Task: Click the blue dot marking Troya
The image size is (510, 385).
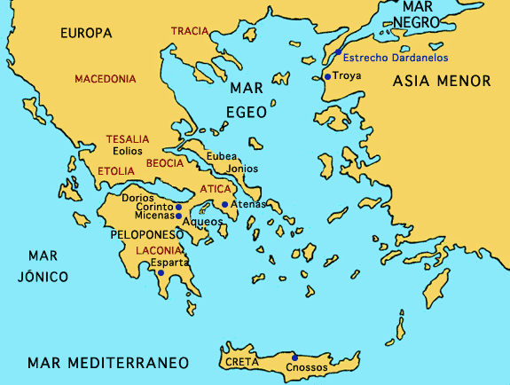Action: pyautogui.click(x=327, y=77)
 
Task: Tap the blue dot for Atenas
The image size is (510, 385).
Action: pyautogui.click(x=225, y=205)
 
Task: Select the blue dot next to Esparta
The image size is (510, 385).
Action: pyautogui.click(x=161, y=273)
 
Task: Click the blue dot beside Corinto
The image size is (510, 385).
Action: pyautogui.click(x=179, y=207)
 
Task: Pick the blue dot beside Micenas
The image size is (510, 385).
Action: pyautogui.click(x=179, y=216)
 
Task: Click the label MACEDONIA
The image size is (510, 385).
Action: pyautogui.click(x=106, y=79)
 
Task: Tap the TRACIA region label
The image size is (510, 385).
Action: pyautogui.click(x=189, y=31)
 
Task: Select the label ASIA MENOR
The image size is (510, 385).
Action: pyautogui.click(x=441, y=81)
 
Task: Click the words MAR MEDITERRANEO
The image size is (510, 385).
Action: pyautogui.click(x=108, y=363)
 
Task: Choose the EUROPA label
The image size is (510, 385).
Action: pyautogui.click(x=86, y=34)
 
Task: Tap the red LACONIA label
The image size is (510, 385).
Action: pyautogui.click(x=160, y=251)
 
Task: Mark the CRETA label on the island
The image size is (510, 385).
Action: pyautogui.click(x=241, y=363)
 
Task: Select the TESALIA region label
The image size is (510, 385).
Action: pyautogui.click(x=128, y=140)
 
